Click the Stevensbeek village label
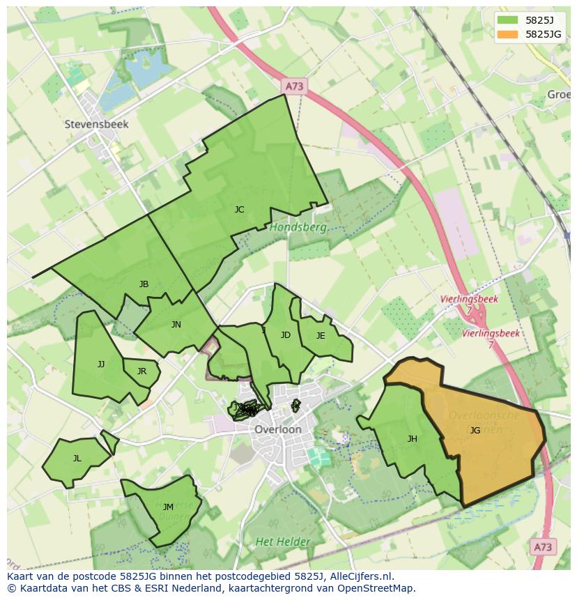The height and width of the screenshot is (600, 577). click(97, 124)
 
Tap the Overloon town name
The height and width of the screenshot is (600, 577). click(278, 429)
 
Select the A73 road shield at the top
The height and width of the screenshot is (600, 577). click(295, 86)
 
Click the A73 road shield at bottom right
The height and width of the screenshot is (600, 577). click(543, 546)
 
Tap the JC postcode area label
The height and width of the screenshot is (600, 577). click(239, 209)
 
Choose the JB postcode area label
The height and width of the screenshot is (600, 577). click(144, 284)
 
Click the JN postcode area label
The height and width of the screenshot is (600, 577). click(176, 324)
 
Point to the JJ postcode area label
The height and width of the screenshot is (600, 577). click(101, 364)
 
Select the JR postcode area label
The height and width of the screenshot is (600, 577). click(141, 371)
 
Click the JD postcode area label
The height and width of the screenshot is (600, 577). click(285, 335)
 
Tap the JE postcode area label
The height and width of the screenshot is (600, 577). click(321, 335)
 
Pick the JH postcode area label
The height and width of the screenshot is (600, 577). click(413, 438)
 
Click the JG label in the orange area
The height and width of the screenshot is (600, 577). click(475, 430)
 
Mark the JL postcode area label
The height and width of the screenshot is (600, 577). click(77, 458)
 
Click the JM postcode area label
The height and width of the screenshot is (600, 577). click(168, 507)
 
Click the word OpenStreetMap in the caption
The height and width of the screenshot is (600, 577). click(380, 588)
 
